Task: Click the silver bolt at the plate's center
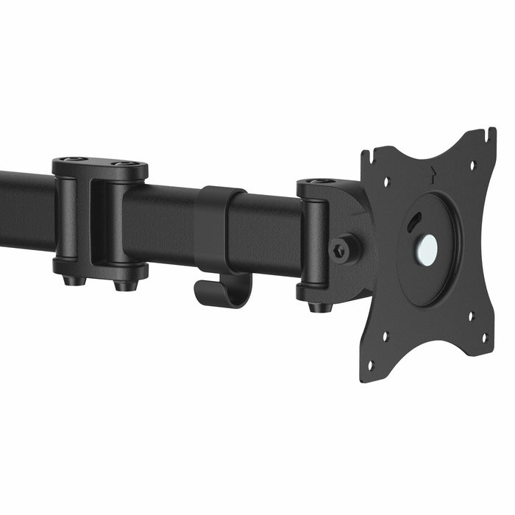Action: [x=427, y=250]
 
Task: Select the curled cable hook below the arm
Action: [x=221, y=291]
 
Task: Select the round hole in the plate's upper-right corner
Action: [x=472, y=164]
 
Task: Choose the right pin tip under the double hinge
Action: [x=126, y=284]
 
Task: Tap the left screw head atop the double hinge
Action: [x=72, y=160]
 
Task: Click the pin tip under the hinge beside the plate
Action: [x=319, y=306]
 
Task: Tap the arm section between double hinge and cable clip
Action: [x=158, y=224]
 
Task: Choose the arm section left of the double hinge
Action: [x=26, y=210]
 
